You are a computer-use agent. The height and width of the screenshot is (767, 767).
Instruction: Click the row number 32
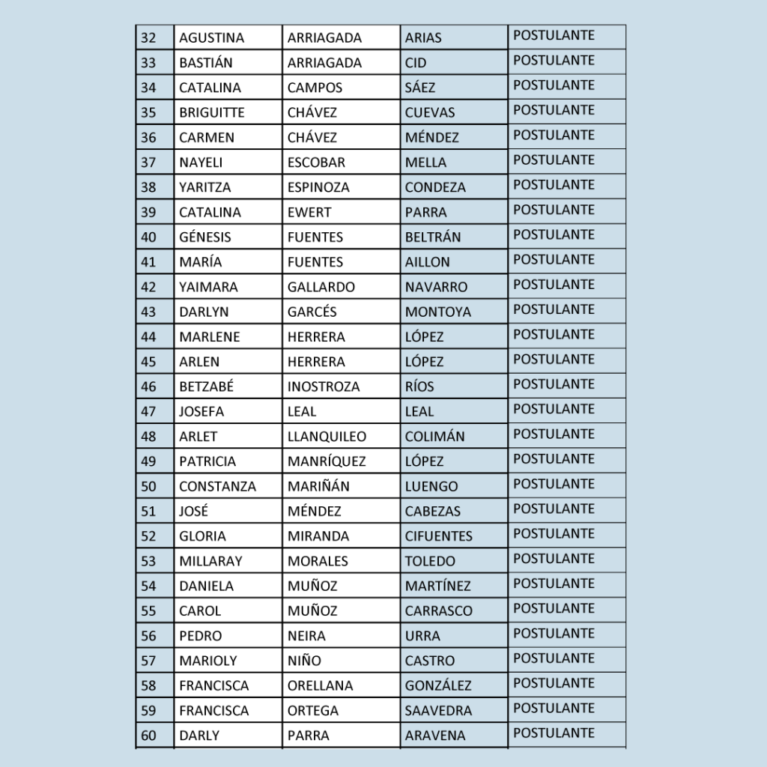[148, 38]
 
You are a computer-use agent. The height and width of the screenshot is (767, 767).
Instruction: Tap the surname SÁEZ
[419, 88]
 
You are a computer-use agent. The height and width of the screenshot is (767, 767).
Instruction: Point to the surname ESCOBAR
[316, 163]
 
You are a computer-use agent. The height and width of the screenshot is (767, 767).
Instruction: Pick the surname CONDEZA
[435, 187]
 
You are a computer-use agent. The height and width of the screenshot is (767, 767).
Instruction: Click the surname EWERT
[309, 212]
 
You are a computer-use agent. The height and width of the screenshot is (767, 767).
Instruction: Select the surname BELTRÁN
[433, 237]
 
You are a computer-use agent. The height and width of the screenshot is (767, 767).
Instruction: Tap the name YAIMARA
[208, 287]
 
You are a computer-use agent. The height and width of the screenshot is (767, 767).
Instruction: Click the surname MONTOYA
[437, 312]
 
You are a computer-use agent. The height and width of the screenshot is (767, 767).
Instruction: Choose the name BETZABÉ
[206, 386]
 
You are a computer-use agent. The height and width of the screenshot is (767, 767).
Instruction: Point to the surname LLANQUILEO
[327, 436]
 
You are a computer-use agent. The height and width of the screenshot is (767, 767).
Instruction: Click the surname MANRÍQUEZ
[327, 461]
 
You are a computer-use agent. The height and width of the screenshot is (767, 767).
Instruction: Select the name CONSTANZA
[217, 486]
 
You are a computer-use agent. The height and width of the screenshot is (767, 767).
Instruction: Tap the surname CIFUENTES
[438, 536]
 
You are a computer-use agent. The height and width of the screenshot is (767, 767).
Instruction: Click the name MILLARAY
[210, 561]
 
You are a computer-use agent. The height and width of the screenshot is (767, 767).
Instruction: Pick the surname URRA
[422, 636]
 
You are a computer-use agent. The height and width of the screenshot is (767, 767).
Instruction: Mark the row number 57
[148, 661]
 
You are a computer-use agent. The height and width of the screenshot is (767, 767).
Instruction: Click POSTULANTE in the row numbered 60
[554, 733]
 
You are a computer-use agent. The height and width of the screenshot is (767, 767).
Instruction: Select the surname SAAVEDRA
[438, 710]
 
